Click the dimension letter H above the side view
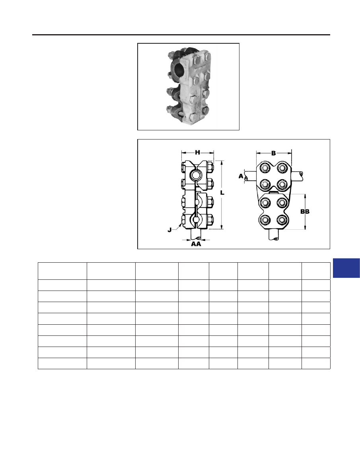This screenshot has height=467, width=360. pos(197,153)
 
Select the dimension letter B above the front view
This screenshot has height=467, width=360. pos(273,153)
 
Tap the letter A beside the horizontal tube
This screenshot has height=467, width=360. pos(241,176)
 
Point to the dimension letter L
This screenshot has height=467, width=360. pos(222,193)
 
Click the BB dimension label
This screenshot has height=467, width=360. pos(305,211)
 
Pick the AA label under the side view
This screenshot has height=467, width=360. pos(196,244)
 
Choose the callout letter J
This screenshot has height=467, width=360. pos(169,230)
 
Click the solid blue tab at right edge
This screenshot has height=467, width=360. pos(346,268)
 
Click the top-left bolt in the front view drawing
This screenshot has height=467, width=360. pos(265,168)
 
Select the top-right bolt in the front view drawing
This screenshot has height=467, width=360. pos(282,168)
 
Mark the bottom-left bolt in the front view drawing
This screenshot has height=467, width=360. pos(265,221)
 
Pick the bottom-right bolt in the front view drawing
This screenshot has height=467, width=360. pos(282,221)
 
